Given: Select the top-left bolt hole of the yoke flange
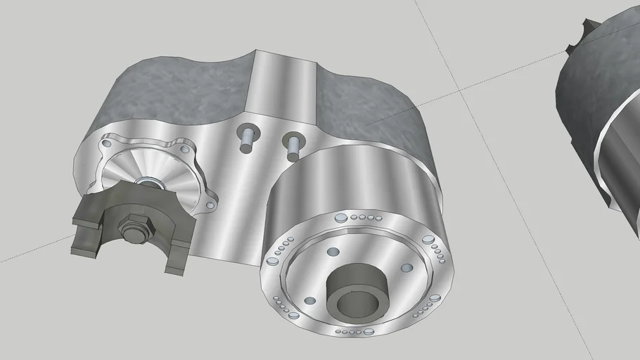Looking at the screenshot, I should [x=106, y=143].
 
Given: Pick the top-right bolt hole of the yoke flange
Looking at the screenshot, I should [x=186, y=148].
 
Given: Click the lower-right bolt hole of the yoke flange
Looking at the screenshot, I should [x=209, y=205].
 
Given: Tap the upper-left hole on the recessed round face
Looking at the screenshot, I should [x=333, y=252].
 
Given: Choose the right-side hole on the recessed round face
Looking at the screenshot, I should [x=406, y=268].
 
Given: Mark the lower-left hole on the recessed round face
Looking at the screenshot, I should [x=309, y=301].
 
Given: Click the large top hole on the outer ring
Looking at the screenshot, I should [x=341, y=219].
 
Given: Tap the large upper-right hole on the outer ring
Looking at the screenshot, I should [x=428, y=240].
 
